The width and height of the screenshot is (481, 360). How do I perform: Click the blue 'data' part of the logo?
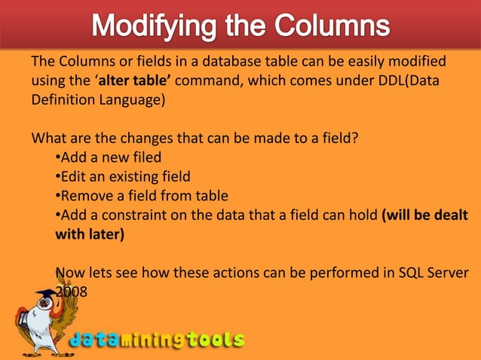pyautogui.click(x=96, y=340)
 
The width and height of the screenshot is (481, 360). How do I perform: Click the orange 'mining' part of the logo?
pyautogui.click(x=154, y=340)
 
